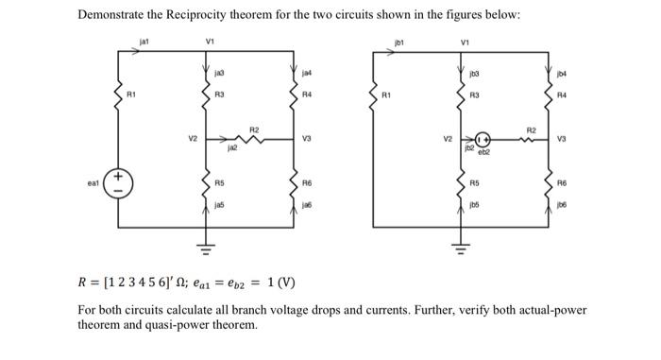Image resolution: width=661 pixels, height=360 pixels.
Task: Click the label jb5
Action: [x=475, y=201]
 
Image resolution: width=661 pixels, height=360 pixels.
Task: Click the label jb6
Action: [x=563, y=202]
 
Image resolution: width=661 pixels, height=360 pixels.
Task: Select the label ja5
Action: [x=219, y=201]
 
